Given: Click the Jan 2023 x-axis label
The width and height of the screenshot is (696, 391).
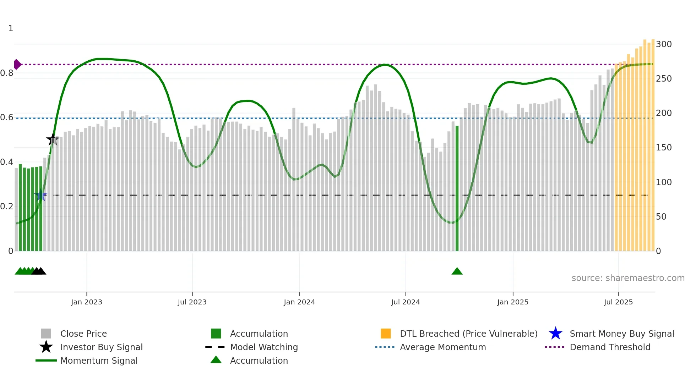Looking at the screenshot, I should (x=86, y=302).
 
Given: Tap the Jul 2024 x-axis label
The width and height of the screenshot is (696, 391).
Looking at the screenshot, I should (x=406, y=302).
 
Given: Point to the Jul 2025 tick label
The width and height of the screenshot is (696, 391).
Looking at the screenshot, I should (x=618, y=302).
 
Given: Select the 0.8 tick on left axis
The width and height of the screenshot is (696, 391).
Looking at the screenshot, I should (x=7, y=73).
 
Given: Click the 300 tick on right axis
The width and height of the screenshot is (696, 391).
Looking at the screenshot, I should (x=664, y=44).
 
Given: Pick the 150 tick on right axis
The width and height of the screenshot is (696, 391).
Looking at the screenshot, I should (x=664, y=148).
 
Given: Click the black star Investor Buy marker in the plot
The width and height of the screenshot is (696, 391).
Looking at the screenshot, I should (x=53, y=139).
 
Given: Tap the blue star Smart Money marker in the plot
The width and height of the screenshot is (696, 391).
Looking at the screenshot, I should (x=41, y=195).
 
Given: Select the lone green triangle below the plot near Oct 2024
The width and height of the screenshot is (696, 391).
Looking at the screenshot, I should (x=457, y=271).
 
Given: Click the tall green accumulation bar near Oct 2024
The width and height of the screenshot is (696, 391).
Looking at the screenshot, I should (x=457, y=188).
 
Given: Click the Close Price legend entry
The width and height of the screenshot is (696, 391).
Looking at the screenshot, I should (x=83, y=334).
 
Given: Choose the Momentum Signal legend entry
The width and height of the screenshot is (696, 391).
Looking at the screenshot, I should (x=99, y=360).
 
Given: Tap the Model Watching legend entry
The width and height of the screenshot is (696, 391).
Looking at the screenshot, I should (x=264, y=347).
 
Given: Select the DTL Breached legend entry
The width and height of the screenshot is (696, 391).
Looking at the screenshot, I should (x=468, y=334).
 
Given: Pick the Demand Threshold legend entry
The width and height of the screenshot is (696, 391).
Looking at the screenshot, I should (x=610, y=347).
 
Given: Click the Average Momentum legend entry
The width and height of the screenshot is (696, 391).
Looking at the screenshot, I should (x=443, y=347).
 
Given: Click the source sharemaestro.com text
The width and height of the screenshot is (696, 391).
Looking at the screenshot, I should (x=628, y=278).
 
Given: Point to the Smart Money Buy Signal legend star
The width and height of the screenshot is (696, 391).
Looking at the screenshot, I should (x=555, y=334).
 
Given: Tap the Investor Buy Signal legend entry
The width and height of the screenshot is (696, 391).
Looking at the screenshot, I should (x=101, y=347).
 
